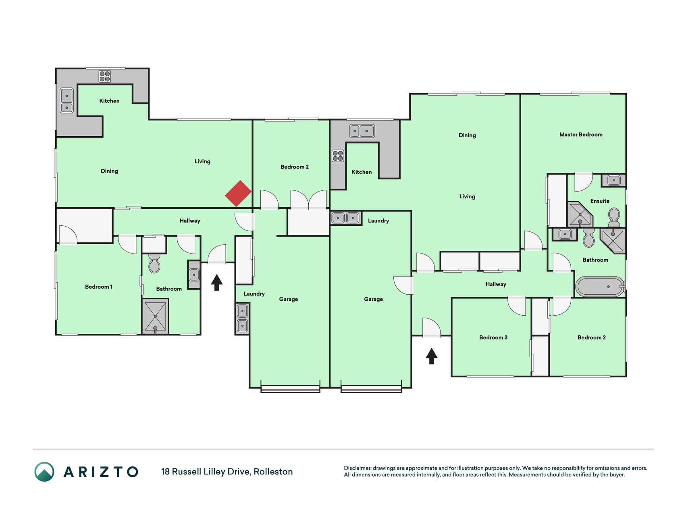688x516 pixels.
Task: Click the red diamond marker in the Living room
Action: pos(238,193)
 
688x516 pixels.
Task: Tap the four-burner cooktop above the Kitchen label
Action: pos(105,76)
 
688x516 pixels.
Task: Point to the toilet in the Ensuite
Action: pos(614,217)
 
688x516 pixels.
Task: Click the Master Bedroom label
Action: pos(581,135)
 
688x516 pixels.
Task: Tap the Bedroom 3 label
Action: pos(493,337)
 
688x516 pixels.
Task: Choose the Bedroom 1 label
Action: pos(99,287)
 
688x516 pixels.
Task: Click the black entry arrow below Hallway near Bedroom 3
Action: pos(432,356)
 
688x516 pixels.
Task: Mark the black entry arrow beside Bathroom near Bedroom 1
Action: pos(217,282)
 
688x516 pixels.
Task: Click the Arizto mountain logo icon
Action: pos(44,472)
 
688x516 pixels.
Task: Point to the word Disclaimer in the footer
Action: pos(358,468)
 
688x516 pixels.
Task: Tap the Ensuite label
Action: pos(600,201)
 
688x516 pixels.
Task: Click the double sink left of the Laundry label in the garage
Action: pos(345,218)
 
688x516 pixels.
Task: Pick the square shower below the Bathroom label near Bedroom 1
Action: pos(155,316)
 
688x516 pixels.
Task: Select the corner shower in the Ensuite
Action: pos(579,214)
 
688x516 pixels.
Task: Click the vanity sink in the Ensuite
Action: pos(613,180)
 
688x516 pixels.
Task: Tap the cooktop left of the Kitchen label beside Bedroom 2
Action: pos(338,156)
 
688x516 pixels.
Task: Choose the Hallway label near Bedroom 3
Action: pos(496,284)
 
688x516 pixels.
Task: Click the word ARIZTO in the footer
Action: pos(101,472)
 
